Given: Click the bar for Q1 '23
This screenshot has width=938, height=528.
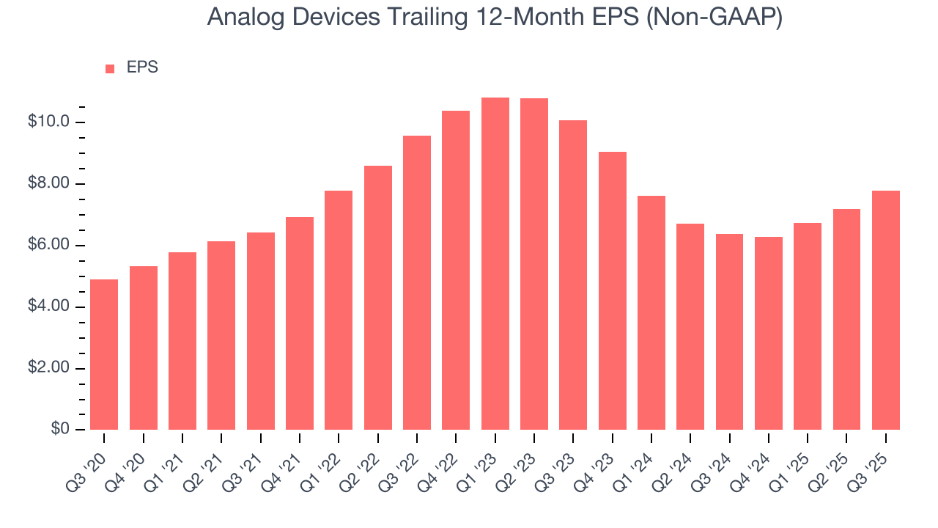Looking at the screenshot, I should [495, 264].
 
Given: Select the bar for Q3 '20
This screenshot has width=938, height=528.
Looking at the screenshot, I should [104, 355].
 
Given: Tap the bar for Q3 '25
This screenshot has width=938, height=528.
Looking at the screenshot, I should [886, 310].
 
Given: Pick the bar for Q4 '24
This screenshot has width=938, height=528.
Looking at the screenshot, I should [769, 334].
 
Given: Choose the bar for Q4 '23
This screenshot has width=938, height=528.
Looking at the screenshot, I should [613, 291].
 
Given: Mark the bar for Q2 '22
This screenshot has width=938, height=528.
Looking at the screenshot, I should [378, 298].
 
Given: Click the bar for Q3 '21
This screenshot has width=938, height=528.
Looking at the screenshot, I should [261, 331].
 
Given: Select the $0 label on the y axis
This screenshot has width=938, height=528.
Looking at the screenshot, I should [61, 429].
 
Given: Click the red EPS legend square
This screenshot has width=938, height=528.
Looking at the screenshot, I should [110, 69].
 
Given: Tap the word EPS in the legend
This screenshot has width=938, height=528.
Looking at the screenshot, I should [142, 67].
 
